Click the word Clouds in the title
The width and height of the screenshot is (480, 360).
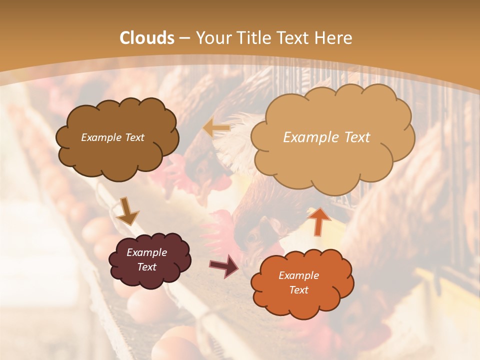(x=147, y=38)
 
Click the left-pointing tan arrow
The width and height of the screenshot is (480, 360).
(x=216, y=128)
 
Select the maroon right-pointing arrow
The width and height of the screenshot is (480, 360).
(x=224, y=266)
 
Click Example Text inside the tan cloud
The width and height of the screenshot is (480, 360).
(x=326, y=137)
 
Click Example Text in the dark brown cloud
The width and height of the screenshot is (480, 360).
(x=112, y=137)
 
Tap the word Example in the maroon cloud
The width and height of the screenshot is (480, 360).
(x=146, y=252)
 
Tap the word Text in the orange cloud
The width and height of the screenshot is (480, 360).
(x=299, y=290)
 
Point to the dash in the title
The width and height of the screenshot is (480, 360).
(x=184, y=38)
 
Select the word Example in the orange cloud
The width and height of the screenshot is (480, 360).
(x=298, y=275)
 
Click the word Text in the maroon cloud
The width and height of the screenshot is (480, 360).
(x=146, y=267)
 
